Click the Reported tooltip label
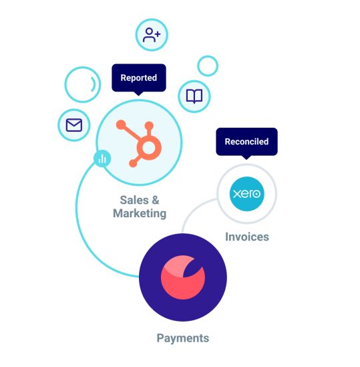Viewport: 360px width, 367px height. [139, 78]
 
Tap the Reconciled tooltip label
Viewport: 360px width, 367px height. [246, 142]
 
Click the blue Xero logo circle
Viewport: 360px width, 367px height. [246, 194]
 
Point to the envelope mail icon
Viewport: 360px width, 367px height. [74, 125]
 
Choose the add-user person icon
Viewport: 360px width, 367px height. [152, 35]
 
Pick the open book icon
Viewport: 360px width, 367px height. [194, 96]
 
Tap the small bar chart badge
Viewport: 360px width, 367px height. [102, 158]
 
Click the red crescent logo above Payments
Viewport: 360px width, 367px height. [183, 277]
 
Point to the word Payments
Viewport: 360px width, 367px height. [183, 338]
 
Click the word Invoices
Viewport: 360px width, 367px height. [247, 237]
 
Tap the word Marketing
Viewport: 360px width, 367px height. [140, 213]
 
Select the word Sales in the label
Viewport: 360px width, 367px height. [134, 201]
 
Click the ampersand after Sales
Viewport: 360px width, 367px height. [156, 201]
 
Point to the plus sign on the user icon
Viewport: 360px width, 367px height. [158, 34]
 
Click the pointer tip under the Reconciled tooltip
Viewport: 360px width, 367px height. [246, 160]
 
